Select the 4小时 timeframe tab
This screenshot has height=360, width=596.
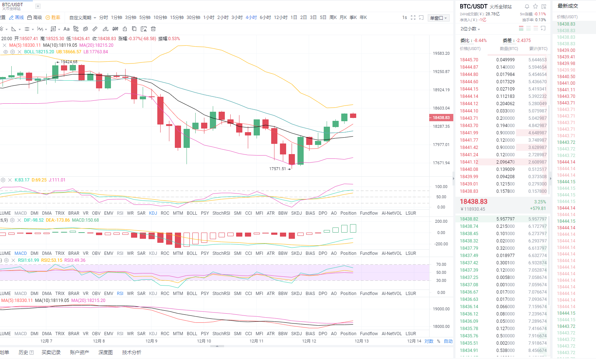click(x=251, y=18)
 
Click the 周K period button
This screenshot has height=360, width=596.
click(x=333, y=18)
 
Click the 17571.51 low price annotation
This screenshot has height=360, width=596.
click(x=278, y=169)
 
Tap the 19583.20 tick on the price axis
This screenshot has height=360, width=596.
click(x=441, y=53)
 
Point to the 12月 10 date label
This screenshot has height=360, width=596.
click(x=204, y=341)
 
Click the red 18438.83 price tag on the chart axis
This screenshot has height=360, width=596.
click(x=441, y=118)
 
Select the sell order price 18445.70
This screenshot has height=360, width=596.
click(x=469, y=60)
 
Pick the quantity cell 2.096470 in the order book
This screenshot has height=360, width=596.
click(x=505, y=162)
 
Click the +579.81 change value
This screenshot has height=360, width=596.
click(x=538, y=208)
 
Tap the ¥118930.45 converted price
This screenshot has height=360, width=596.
click(x=473, y=209)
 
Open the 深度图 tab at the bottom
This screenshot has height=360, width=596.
click(x=105, y=352)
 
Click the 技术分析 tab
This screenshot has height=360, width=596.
click(x=131, y=352)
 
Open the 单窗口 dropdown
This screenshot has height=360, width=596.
click(x=438, y=18)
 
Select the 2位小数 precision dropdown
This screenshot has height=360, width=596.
click(x=470, y=29)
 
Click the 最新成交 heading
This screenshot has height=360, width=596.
click(x=568, y=6)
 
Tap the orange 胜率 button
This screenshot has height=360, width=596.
click(x=53, y=18)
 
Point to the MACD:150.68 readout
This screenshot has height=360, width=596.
click(x=85, y=220)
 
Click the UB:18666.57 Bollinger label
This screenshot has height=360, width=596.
click(x=69, y=52)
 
